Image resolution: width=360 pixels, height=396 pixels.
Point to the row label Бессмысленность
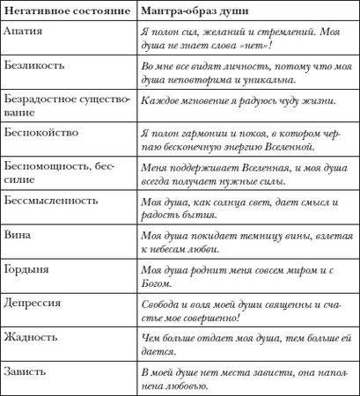50,200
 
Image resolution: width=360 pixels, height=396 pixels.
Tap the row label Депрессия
33,303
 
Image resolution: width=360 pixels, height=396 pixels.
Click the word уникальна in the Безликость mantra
246,80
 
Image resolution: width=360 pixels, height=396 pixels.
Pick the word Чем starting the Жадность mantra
151,339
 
